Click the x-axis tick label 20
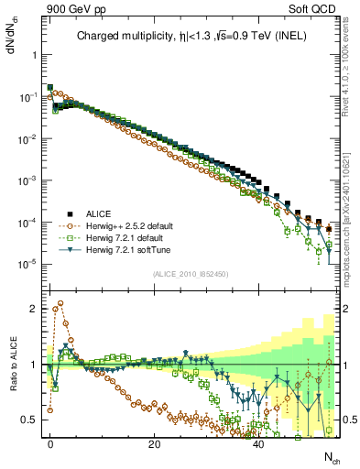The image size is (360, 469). tap(154, 442)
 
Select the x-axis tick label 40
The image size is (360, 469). tap(258, 442)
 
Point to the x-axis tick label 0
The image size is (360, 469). tap(50, 442)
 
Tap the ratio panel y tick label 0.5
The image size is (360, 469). tap(27, 420)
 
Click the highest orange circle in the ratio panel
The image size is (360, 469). tap(60, 303)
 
